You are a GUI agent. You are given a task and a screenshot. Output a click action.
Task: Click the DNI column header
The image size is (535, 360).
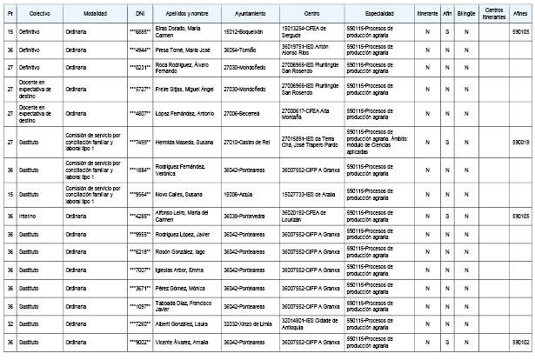(x=141, y=16)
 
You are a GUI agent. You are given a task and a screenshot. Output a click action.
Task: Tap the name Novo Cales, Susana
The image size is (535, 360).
(x=184, y=194)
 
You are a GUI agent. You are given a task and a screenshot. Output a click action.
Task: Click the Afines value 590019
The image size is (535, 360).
(x=521, y=143)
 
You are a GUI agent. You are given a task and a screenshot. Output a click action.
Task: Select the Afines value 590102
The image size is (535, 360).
(x=521, y=343)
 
